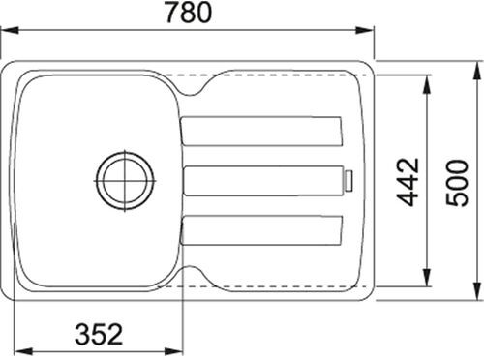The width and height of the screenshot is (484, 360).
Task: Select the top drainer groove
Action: coord(261,131)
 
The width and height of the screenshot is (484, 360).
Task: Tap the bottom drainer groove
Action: coord(261,229)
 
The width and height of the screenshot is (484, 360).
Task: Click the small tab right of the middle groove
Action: coord(350,180)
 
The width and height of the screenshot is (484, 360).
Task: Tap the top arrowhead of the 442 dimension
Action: coord(427,76)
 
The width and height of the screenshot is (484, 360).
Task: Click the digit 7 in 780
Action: coord(172,15)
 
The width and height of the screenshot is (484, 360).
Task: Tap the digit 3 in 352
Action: coord(83,335)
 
